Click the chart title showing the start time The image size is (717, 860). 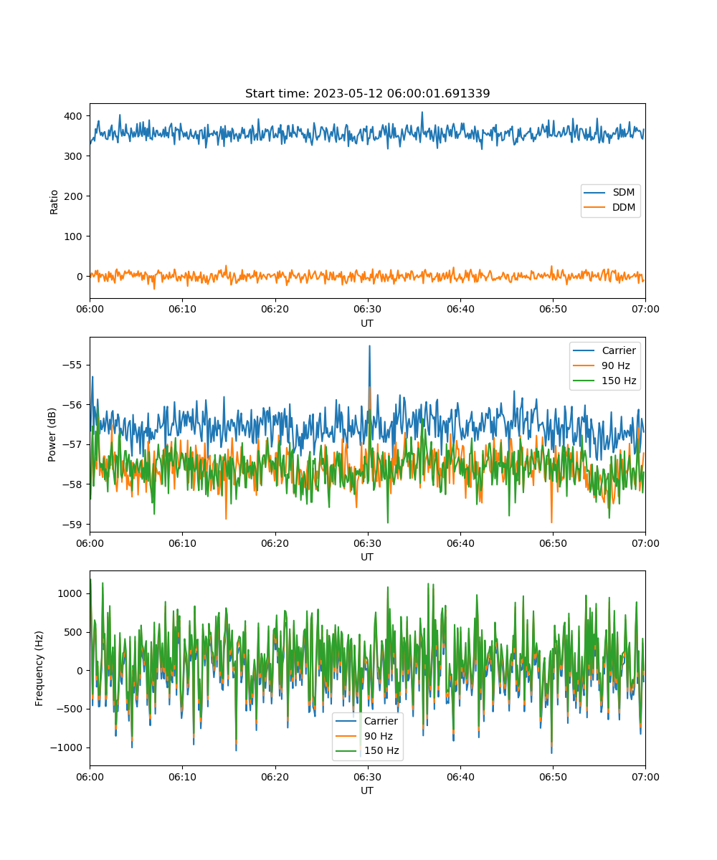367,93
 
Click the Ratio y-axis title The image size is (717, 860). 54,202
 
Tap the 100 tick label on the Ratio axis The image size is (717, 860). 73,236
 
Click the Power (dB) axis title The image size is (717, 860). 52,434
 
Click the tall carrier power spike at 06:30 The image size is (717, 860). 369,346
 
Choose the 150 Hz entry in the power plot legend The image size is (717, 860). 604,381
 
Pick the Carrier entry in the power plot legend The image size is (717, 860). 604,350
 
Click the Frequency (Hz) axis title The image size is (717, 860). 39,669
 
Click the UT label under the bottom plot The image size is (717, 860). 366,790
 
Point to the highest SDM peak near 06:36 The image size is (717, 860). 422,113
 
